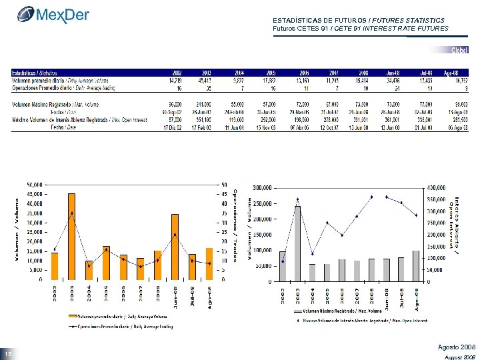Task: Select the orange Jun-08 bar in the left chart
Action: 175,247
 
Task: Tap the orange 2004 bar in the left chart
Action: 89,270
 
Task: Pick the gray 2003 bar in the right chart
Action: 297,243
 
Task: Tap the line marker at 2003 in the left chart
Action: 71,213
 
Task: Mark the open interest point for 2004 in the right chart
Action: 312,253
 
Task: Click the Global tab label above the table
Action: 459,51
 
